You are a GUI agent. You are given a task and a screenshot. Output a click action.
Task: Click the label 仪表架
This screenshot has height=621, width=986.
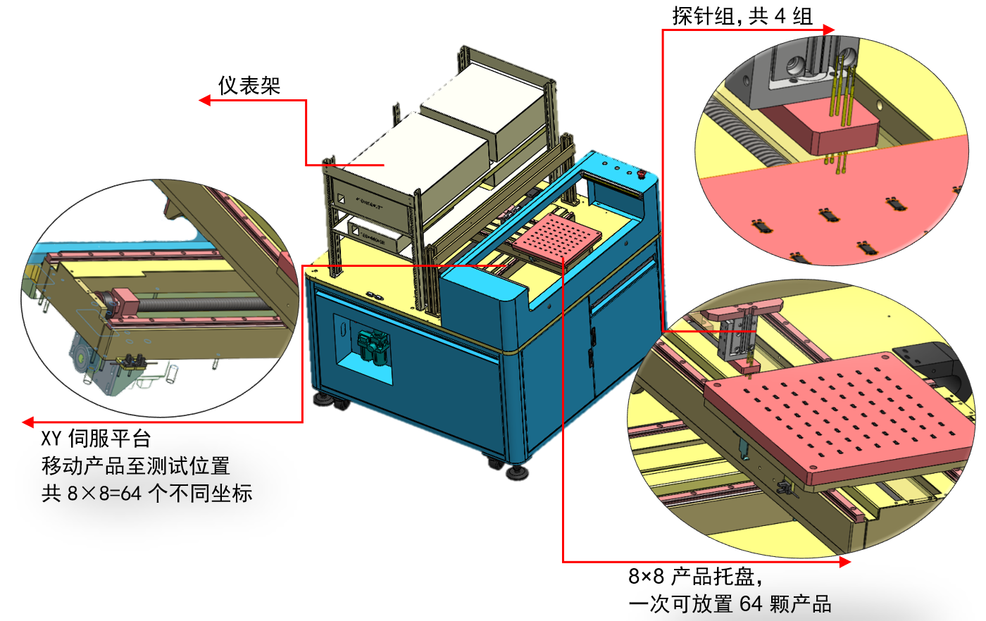point(249,86)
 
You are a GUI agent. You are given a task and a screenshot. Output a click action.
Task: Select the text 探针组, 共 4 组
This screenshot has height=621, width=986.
point(742,16)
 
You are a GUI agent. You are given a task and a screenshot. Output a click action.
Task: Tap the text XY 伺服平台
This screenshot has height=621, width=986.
point(96,439)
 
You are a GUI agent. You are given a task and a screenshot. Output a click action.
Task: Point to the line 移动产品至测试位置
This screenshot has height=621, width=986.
point(135,466)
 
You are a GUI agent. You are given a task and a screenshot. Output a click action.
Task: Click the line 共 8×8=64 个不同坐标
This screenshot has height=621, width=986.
point(146,493)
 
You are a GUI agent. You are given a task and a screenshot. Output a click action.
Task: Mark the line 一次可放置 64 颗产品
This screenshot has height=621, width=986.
point(730,604)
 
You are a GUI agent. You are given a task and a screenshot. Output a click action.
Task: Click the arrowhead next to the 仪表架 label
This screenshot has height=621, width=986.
point(205,101)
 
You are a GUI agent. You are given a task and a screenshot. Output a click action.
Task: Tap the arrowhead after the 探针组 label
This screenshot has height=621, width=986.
point(828,30)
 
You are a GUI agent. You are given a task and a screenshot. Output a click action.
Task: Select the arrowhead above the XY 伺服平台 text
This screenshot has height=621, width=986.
point(28,422)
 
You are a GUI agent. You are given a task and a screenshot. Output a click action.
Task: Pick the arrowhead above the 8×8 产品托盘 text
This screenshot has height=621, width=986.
point(844,561)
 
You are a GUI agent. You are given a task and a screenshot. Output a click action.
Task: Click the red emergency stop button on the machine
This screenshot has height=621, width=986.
point(641,173)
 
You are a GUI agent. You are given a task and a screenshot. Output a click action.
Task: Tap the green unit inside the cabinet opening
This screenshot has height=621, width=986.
point(368,346)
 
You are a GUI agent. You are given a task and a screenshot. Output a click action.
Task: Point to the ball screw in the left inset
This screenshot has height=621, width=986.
point(204,304)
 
